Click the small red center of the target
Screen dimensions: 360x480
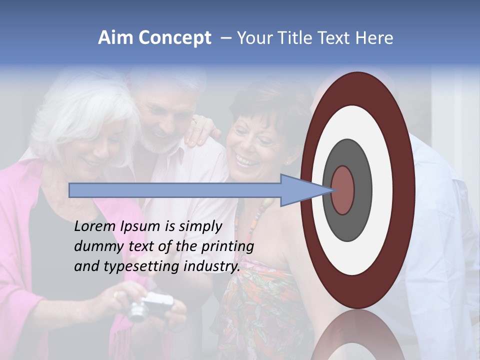343,190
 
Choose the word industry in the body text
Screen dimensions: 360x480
212,266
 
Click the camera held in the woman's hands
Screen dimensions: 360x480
150,306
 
